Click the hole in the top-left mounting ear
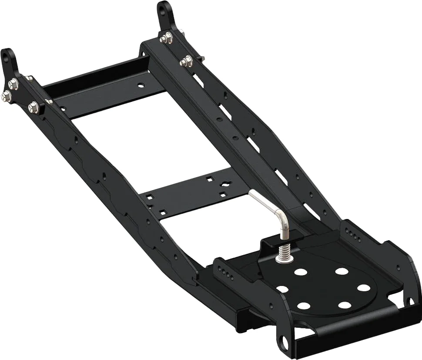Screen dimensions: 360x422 pos(7,57)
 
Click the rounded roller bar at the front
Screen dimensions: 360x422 pos(348,331)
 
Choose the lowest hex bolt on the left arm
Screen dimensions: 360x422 pos(33,107)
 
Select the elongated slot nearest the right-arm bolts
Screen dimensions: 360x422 pos(198,81)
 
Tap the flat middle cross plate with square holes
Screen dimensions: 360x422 pos(191,196)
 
